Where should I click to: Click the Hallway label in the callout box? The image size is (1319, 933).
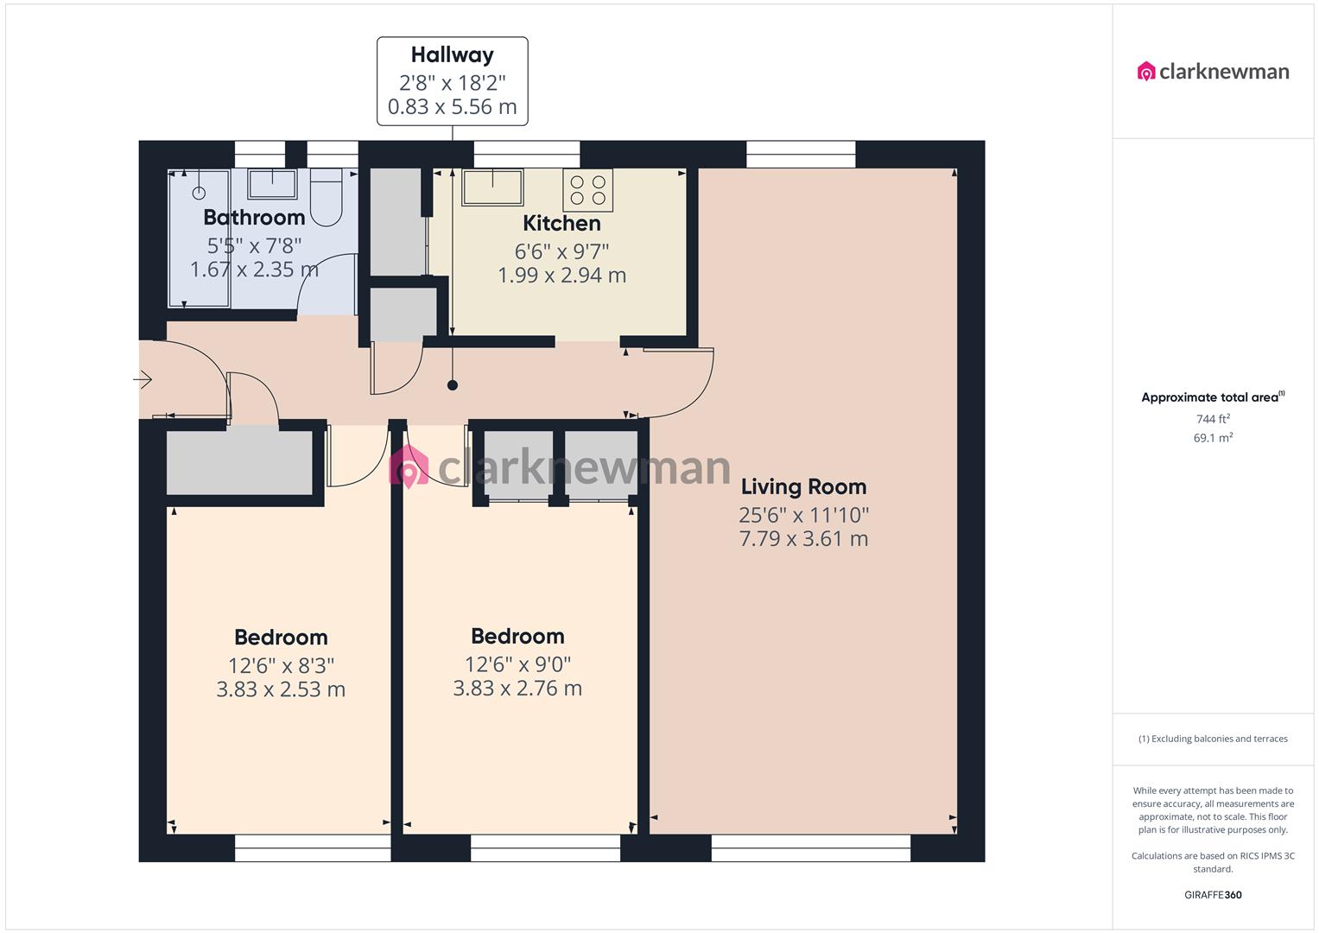coord(453,54)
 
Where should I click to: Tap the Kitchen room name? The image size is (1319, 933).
coord(561,223)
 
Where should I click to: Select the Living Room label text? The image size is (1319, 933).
coord(804,486)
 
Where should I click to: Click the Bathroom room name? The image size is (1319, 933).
coord(254,218)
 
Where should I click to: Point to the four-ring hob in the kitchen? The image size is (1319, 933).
coord(587,190)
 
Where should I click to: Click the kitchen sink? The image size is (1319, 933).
coord(493,187)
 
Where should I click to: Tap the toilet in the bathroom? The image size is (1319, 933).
coord(327,198)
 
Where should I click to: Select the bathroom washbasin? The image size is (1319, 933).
coord(272,184)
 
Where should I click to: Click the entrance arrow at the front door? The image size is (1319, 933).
coord(143,379)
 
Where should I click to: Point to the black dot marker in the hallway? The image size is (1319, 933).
coord(453,385)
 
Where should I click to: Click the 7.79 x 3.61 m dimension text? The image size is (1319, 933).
coord(804,538)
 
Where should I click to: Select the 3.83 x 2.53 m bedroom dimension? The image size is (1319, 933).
coord(281,689)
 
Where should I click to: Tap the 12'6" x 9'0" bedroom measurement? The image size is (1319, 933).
coord(517,664)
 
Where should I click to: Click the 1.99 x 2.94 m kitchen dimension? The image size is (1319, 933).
coord(561,275)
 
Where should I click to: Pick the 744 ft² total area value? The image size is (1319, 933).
coord(1213,419)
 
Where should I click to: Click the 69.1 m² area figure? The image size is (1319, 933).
coord(1213,438)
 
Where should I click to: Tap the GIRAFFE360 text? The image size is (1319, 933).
coord(1213,895)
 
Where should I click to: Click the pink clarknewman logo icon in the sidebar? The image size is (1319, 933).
coord(1146,71)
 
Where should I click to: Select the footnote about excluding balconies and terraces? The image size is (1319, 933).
coord(1213,739)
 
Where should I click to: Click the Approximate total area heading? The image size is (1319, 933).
coord(1213,397)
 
